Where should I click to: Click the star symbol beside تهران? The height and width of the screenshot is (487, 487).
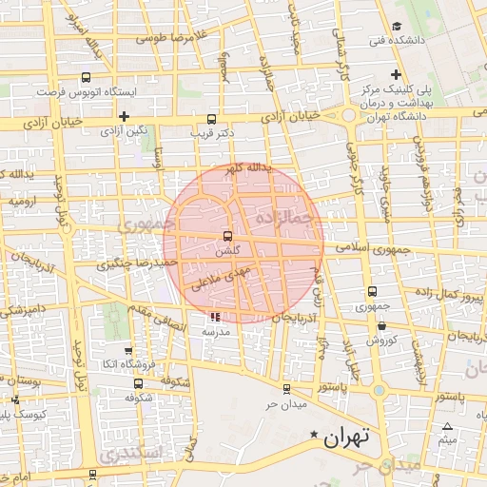314,435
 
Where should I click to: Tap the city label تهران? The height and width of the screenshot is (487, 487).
344,438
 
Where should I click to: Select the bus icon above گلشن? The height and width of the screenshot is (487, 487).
226,236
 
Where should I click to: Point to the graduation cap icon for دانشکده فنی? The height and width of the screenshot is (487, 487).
397,26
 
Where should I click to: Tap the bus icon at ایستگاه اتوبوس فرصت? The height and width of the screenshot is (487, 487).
87,78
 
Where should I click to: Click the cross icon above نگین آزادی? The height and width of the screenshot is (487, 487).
124,115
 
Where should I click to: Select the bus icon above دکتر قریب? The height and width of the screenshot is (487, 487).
210,120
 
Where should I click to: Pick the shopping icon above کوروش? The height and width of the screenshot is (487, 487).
380,325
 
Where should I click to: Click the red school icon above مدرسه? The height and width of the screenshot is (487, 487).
215,318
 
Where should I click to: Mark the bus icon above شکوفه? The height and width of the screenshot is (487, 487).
139,383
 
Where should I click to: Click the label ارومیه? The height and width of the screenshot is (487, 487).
23,203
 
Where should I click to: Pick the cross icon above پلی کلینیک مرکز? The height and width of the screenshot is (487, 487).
397,74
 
